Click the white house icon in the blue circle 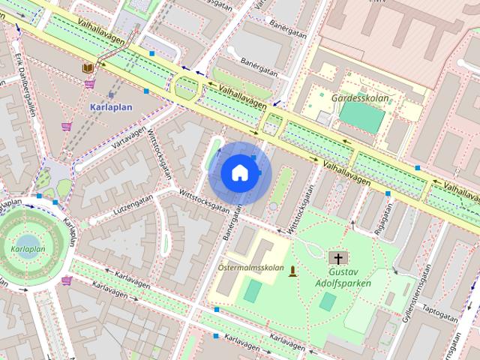[239, 172]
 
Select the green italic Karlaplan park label [28, 248]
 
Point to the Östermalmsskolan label [250, 267]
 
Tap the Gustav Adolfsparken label [349, 277]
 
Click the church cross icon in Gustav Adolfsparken [343, 257]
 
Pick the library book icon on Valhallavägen [88, 67]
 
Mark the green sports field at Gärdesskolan [361, 116]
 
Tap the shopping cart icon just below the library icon [90, 83]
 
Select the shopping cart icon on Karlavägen [67, 280]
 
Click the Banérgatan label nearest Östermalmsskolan [230, 222]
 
